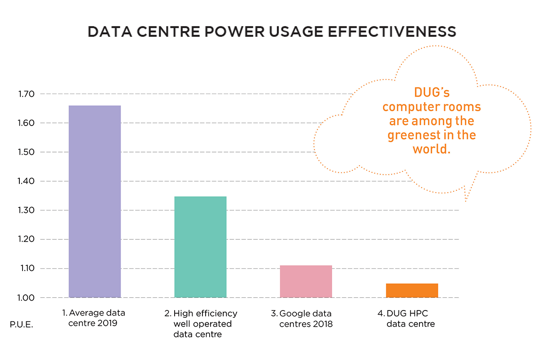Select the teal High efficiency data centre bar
coord(200,247)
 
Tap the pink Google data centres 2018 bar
coord(306,281)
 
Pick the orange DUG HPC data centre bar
coord(412,290)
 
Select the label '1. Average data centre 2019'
coord(94,318)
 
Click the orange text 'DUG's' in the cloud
coord(432,94)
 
